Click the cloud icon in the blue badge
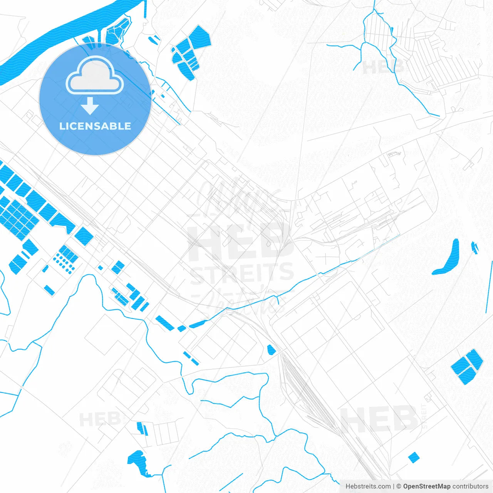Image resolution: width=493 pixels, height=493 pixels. point(95,75)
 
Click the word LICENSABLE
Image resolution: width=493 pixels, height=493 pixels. point(95,126)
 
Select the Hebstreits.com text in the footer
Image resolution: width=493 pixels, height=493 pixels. point(368,486)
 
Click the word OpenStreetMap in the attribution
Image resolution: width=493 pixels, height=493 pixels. point(426,486)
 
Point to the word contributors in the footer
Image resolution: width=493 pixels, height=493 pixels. point(470,486)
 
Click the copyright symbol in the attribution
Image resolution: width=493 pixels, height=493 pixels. point(399,486)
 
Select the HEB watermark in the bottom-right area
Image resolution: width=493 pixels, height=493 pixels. point(379,419)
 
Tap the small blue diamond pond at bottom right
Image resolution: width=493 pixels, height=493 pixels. point(414,457)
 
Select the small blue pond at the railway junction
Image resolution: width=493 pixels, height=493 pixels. point(271,349)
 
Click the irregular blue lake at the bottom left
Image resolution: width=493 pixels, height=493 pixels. point(137,462)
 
